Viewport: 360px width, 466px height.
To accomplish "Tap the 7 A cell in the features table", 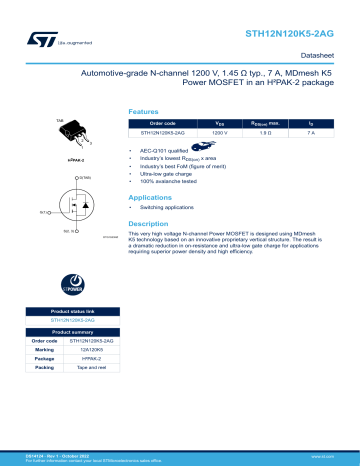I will click(311, 132).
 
